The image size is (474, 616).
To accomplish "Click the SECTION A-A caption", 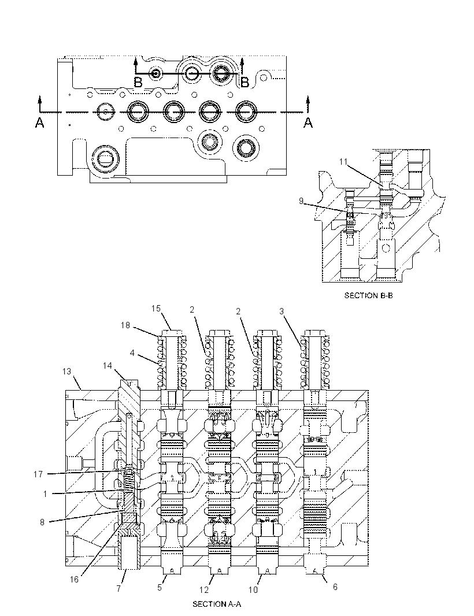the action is (x=217, y=604).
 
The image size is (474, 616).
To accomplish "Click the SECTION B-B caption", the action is (x=368, y=295).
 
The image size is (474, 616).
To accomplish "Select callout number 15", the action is (x=156, y=309).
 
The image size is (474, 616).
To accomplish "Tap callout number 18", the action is (x=125, y=325).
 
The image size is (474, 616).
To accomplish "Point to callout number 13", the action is (x=67, y=371).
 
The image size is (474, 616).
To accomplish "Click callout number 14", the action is (x=108, y=366).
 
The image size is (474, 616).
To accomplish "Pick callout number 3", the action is (x=282, y=311).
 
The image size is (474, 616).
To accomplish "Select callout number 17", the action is (x=38, y=474).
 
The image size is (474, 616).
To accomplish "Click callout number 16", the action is (x=74, y=580).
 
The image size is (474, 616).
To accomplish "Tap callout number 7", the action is (x=118, y=589).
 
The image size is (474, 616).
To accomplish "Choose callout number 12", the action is (x=204, y=589).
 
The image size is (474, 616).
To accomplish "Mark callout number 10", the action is (x=253, y=589).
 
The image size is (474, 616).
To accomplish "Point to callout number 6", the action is (x=335, y=587).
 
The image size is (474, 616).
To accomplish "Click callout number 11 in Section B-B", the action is (x=344, y=161).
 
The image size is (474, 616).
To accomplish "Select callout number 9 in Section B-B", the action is (x=301, y=201).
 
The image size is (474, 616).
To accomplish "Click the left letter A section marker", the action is (x=39, y=123).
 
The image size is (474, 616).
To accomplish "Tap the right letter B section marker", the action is (x=245, y=82).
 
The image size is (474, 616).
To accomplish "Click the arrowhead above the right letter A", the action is (x=308, y=99).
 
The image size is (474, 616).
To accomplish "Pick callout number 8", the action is (x=42, y=522).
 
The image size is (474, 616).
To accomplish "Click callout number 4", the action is (x=132, y=353).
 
